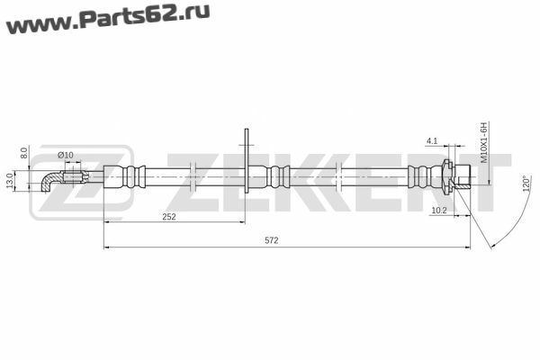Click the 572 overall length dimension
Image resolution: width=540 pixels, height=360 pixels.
pos(272,240)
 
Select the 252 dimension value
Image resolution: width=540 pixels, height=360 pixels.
pos(169,217)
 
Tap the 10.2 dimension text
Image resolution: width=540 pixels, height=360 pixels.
pos(439,211)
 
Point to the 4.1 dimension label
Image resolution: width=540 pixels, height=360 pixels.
pos(432,141)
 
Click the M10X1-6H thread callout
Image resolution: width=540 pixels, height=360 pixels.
pos(484,142)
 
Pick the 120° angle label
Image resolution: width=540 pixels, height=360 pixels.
pos(526,184)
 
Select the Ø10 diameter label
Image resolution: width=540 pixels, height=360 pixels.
pos(65,155)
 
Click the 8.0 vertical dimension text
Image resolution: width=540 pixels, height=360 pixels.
pos(23,153)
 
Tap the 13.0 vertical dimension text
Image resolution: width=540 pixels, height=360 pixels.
pos(10,181)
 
